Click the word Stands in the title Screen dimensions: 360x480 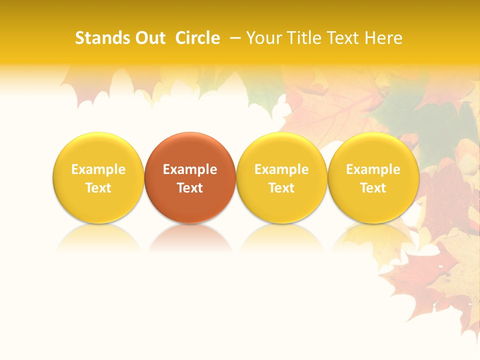pyautogui.click(x=99, y=38)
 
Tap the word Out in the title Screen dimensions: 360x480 pyautogui.click(x=149, y=38)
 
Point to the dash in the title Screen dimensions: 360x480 pyautogui.click(x=235, y=38)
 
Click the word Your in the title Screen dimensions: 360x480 pyautogui.click(x=263, y=38)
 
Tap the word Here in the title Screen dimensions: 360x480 pyautogui.click(x=383, y=38)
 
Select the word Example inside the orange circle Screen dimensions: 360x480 pyautogui.click(x=190, y=169)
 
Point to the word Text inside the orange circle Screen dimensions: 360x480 pyautogui.click(x=190, y=188)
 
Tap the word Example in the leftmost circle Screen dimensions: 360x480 pyautogui.click(x=98, y=169)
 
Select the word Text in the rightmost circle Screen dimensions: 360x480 pyautogui.click(x=373, y=188)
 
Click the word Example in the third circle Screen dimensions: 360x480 pyautogui.click(x=281, y=169)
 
